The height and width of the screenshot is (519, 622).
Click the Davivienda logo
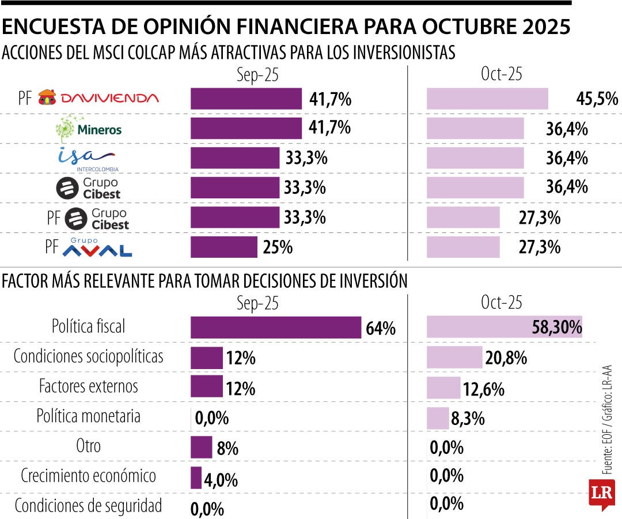coord(98,99)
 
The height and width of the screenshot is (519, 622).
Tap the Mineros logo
coord(89,128)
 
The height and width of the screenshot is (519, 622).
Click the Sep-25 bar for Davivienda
coord(246,99)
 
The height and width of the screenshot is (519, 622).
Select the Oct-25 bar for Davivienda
coord(487,99)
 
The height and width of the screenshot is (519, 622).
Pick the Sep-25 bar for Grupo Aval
coord(223,247)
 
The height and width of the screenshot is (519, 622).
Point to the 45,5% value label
coord(597,99)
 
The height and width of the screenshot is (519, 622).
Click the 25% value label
coord(278,247)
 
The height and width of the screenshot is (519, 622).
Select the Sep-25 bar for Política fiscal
coord(276,328)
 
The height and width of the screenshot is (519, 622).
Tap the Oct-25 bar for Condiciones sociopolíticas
coord(454,358)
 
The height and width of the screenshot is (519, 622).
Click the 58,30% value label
coord(556,328)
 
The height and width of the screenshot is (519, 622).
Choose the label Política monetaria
coord(88,416)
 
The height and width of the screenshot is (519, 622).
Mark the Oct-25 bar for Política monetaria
coord(437,418)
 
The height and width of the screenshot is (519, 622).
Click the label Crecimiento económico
coord(88,476)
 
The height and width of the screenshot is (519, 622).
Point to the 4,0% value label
coord(221,479)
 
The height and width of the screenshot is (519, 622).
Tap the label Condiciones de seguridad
coord(88,506)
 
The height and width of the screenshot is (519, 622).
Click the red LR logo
coord(601,494)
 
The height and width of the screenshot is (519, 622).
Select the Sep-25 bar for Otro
coord(201,447)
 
